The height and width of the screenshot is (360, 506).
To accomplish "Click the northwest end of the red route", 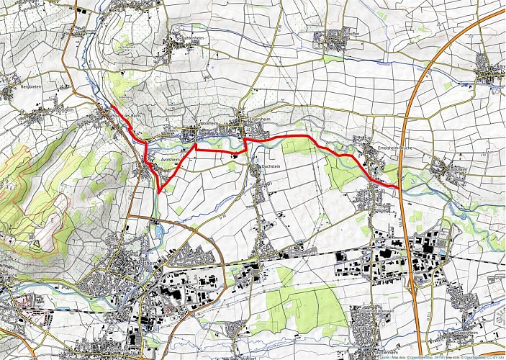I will click(x=112, y=107).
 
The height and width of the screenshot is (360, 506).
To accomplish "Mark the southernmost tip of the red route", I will click(x=159, y=193).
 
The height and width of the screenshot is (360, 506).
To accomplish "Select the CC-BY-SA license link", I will click(x=494, y=356).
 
